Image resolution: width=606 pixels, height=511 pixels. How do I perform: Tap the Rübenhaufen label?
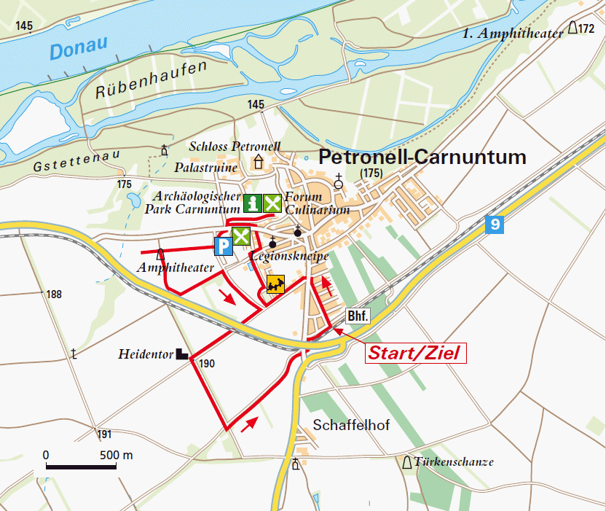pos(151,80)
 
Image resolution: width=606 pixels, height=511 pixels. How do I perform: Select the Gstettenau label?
pos(68,164)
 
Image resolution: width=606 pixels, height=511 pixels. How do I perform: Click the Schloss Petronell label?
pos(235,146)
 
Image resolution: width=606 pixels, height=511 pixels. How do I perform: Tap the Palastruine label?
pos(206,167)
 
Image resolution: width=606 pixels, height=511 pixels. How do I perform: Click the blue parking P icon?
pos(223,246)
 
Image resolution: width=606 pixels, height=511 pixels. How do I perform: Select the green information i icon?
pos(252,204)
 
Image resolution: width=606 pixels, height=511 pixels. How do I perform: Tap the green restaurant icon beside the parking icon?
pos(241,236)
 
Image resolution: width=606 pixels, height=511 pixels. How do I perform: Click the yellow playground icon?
pos(275,284)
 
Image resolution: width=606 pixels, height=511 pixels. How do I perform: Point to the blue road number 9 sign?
pos(495,225)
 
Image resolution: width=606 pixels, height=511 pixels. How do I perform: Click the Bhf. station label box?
pos(358,316)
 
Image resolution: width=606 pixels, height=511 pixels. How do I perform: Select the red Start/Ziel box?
pos(414,354)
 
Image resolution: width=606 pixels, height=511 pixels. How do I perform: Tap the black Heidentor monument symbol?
pos(182,354)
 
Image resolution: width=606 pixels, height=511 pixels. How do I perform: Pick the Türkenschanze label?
pos(454,462)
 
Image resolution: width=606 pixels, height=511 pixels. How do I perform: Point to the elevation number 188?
pos(54,294)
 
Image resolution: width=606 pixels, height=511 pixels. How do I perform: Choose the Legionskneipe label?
pos(288,257)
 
